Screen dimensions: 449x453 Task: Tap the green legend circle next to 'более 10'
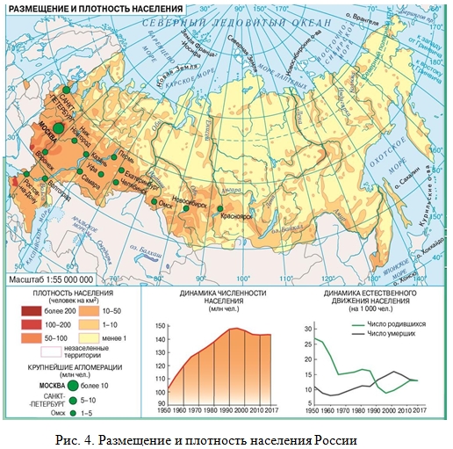point(72,383)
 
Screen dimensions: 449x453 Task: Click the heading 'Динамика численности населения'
point(221,296)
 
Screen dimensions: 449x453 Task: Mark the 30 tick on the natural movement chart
point(306,328)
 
